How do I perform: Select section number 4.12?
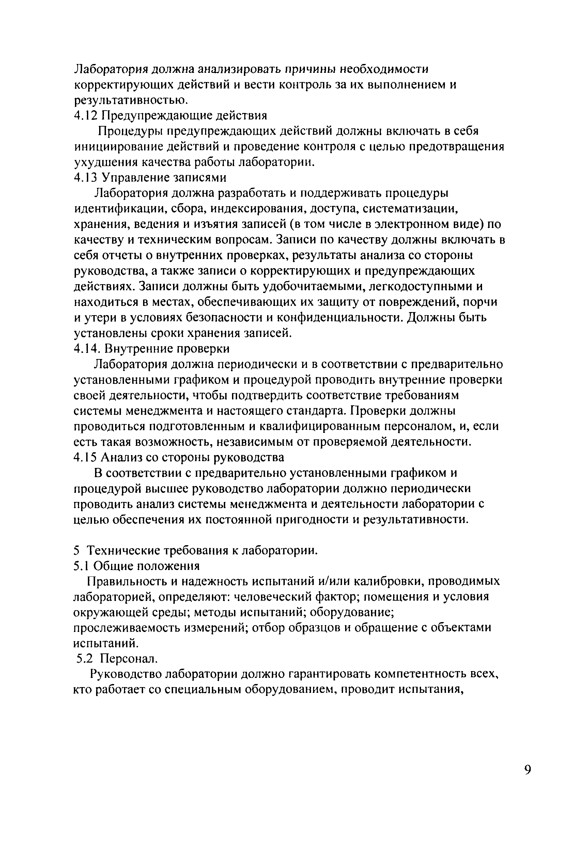pos(86,116)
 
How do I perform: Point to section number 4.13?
pos(86,177)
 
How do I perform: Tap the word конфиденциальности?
pos(340,318)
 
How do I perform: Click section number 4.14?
pos(87,349)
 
